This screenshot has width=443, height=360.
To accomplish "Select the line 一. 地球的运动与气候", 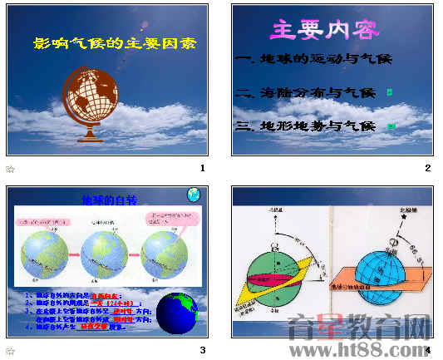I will (313, 60).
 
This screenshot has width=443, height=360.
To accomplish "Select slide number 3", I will (203, 349).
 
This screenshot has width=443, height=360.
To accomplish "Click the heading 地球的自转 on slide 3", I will (108, 200).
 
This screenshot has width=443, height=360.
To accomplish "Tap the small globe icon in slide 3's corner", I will (194, 195).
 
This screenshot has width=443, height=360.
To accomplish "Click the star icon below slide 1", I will (10, 169).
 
